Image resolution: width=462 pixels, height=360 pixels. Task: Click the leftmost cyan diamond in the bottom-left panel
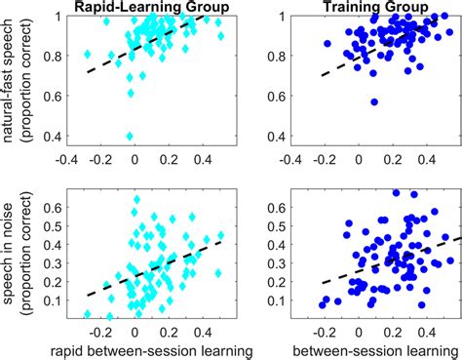87,314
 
